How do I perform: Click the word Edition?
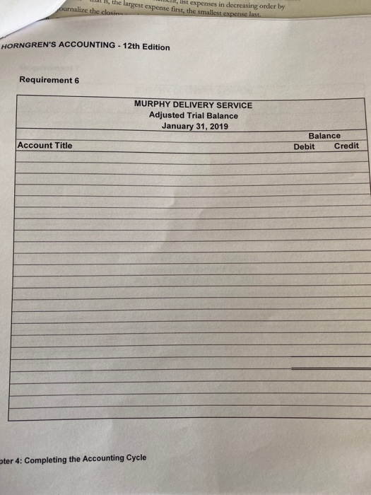coord(155,47)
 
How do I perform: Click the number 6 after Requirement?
coord(76,80)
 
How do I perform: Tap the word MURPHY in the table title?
coord(151,105)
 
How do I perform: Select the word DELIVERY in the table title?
coord(192,105)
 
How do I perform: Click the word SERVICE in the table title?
coord(234,105)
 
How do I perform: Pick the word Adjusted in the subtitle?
coord(166,115)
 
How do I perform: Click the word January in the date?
coord(179,127)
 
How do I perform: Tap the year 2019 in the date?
coord(218,127)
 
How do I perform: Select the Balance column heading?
coord(324,136)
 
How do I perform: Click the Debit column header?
coord(305,146)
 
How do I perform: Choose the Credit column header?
coord(346,146)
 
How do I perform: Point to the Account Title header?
coord(45,145)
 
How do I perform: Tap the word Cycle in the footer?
coord(135,458)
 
